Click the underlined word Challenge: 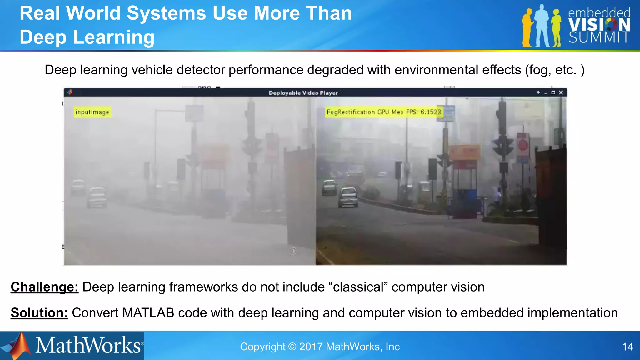pos(44,287)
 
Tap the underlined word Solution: pos(39,313)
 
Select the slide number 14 pos(627,347)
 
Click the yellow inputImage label pos(92,112)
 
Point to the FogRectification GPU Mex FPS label pos(383,112)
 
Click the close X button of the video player pos(561,92)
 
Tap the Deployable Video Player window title pos(303,93)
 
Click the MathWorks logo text pos(88,346)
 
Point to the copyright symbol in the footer pos(292,347)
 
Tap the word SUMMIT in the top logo pos(599,38)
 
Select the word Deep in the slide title pos(43,37)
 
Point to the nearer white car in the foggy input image pos(97,197)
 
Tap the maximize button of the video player pos(553,92)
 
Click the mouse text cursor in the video pos(294,251)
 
